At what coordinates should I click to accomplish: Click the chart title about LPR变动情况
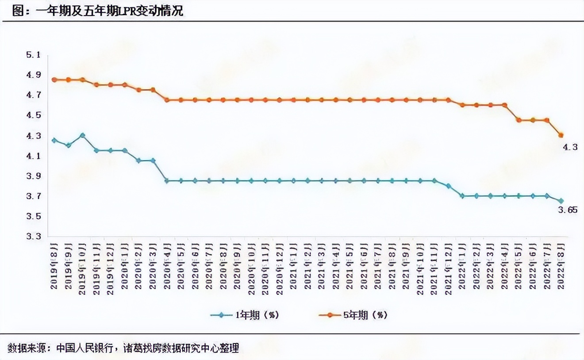tap(98, 11)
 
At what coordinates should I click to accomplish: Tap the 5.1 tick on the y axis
tap(34, 55)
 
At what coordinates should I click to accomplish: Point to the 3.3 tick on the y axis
tap(34, 237)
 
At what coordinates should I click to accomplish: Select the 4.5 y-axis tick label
tap(34, 115)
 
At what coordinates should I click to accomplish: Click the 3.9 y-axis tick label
tap(34, 176)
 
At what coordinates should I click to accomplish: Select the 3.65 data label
tap(567, 210)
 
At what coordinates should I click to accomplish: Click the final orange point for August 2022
tap(561, 135)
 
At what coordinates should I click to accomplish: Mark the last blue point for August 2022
tap(561, 201)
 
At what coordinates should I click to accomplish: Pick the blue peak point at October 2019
tap(82, 135)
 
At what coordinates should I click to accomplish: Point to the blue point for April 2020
tap(167, 180)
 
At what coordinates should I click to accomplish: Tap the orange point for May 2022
tap(519, 120)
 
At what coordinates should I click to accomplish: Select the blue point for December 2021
tap(448, 186)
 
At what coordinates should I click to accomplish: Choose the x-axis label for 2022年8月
tap(561, 265)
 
